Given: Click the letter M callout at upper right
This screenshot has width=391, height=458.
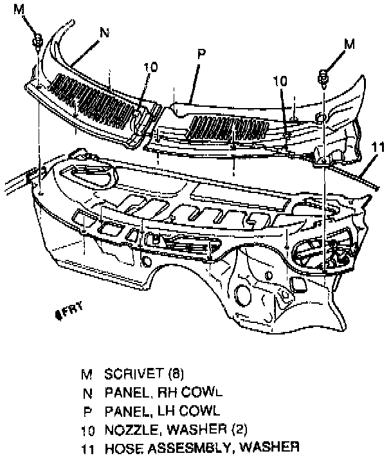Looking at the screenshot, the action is pyautogui.click(x=349, y=44).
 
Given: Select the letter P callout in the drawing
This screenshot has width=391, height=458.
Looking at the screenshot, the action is pyautogui.click(x=201, y=55).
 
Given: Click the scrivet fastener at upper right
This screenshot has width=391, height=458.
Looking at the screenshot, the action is pyautogui.click(x=323, y=78).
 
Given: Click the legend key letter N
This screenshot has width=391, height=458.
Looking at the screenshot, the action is pyautogui.click(x=86, y=391).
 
